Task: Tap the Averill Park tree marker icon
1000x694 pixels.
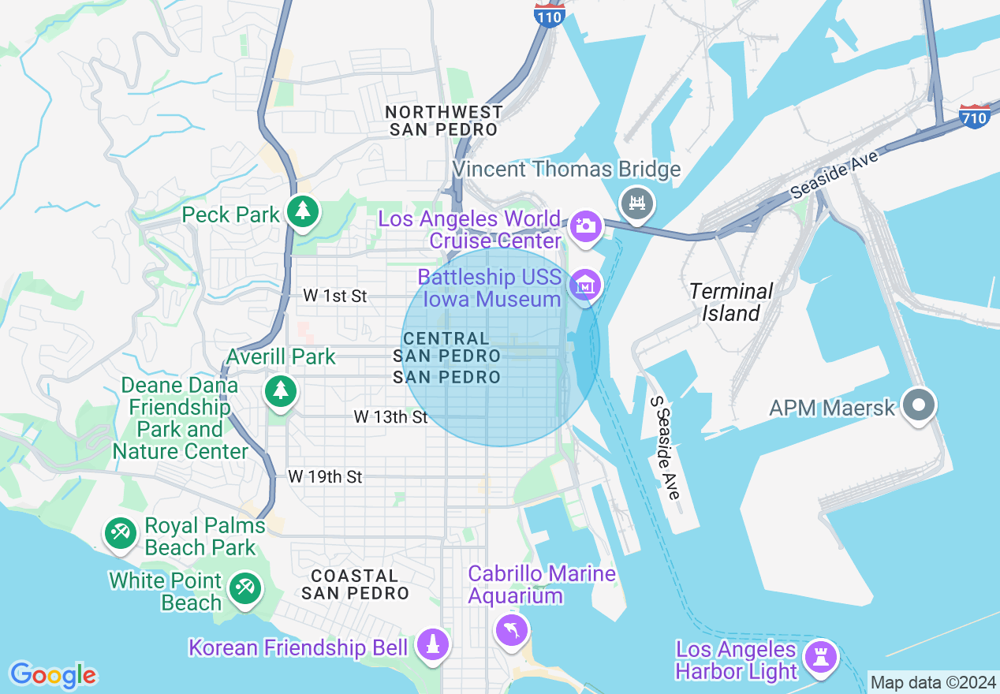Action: pyautogui.click(x=280, y=390)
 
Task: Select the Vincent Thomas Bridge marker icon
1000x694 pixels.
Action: pyautogui.click(x=637, y=203)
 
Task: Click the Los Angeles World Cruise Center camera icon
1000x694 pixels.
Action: pyautogui.click(x=585, y=226)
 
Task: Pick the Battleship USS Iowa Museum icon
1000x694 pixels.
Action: pyautogui.click(x=585, y=285)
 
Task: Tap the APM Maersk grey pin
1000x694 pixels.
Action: pyautogui.click(x=919, y=405)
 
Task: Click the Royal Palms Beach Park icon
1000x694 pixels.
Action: pyautogui.click(x=120, y=533)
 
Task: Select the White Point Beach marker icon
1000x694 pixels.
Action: pyautogui.click(x=244, y=588)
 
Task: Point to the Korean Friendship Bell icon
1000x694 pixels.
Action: pyautogui.click(x=432, y=645)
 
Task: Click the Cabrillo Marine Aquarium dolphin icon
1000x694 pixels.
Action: pyautogui.click(x=512, y=629)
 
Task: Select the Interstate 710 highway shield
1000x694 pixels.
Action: pyautogui.click(x=975, y=116)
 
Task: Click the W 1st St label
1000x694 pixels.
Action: pyautogui.click(x=335, y=297)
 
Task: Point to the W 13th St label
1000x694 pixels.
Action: pyautogui.click(x=390, y=416)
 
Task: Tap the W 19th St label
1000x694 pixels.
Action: pyautogui.click(x=325, y=476)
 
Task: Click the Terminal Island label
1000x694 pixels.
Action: pyautogui.click(x=731, y=302)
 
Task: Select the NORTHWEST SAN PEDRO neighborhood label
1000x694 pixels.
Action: pyautogui.click(x=444, y=121)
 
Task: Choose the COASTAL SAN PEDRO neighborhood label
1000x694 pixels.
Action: pyautogui.click(x=355, y=584)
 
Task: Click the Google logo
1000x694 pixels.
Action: pyautogui.click(x=53, y=675)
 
